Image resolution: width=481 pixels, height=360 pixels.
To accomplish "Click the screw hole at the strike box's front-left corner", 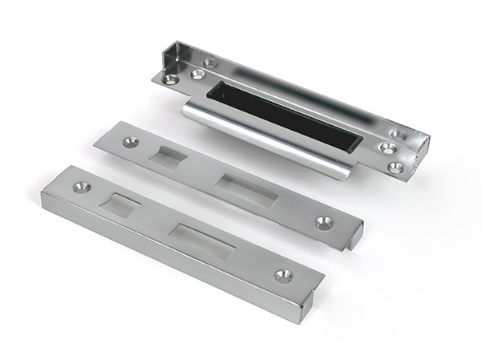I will tap(170, 79).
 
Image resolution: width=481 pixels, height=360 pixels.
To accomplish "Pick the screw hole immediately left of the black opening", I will tap(197, 75).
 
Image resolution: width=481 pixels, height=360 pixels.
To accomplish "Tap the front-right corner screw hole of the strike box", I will tap(395, 168).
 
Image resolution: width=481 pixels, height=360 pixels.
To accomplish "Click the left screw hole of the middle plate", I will tap(130, 142).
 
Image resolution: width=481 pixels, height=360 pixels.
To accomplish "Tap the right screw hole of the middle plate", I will tap(324, 223).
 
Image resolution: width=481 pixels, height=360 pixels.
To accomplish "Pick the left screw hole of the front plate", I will tap(79, 187).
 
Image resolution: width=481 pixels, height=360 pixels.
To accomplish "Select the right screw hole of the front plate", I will tap(283, 275).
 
